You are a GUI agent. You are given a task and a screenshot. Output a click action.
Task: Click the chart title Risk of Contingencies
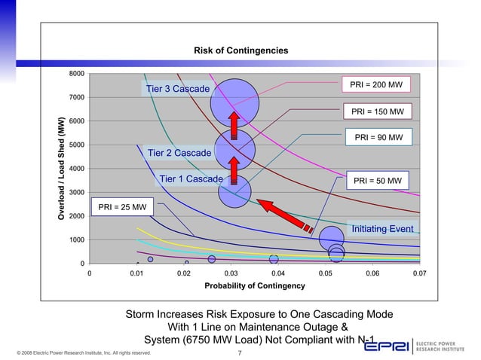click(x=240, y=50)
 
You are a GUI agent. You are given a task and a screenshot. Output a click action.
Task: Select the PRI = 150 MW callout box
click(x=378, y=112)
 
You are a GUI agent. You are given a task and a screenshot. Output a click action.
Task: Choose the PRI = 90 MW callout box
click(x=378, y=137)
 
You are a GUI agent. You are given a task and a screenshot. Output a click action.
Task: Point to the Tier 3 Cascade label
click(x=177, y=90)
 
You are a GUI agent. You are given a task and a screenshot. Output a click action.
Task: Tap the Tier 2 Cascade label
click(x=179, y=154)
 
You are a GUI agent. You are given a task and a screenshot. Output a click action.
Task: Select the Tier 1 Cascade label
click(x=191, y=179)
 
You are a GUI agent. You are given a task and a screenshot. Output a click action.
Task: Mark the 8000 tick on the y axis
click(x=75, y=74)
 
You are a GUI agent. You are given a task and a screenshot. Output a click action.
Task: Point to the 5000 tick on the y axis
click(x=75, y=145)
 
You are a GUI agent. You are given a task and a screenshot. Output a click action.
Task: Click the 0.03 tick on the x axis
click(x=231, y=275)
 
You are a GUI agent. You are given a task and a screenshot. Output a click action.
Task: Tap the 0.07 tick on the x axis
click(x=419, y=275)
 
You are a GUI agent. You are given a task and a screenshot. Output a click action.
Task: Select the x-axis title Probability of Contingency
click(x=255, y=287)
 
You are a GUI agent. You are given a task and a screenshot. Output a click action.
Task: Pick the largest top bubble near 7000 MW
click(x=234, y=103)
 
